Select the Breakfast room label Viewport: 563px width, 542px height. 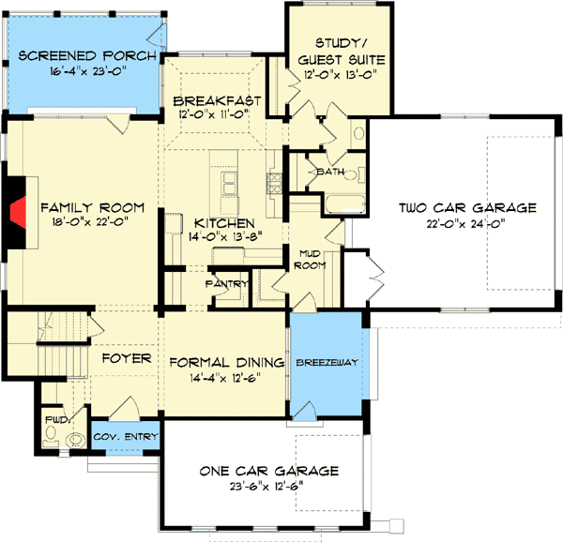click(218, 99)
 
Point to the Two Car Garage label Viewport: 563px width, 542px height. click(466, 207)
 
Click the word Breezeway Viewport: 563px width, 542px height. click(324, 362)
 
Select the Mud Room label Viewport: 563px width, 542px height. click(312, 259)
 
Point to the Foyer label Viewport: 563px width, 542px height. click(121, 357)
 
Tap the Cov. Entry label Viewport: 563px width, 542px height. click(131, 437)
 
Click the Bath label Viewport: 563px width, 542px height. click(329, 173)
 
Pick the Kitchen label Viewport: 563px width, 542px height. click(224, 223)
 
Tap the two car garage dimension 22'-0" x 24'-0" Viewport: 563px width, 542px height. click(466, 223)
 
